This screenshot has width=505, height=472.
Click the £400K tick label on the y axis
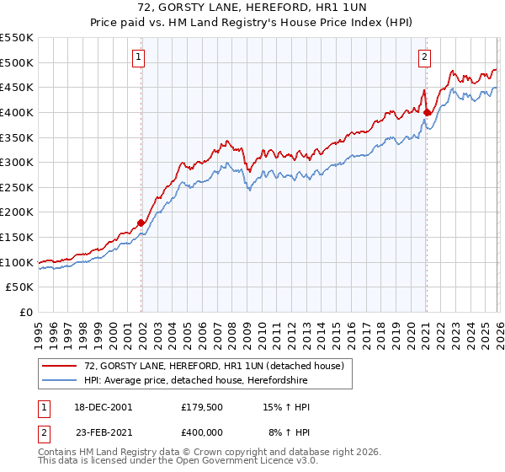click(x=16, y=112)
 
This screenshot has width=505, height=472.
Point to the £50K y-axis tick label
click(x=19, y=287)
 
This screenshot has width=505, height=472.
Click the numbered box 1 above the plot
click(x=139, y=57)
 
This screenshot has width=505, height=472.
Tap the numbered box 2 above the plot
click(x=425, y=57)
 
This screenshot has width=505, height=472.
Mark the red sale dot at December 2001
click(x=141, y=223)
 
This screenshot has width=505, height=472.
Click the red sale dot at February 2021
click(x=427, y=111)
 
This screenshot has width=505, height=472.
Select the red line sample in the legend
click(x=60, y=367)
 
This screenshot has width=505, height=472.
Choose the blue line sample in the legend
click(x=60, y=381)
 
